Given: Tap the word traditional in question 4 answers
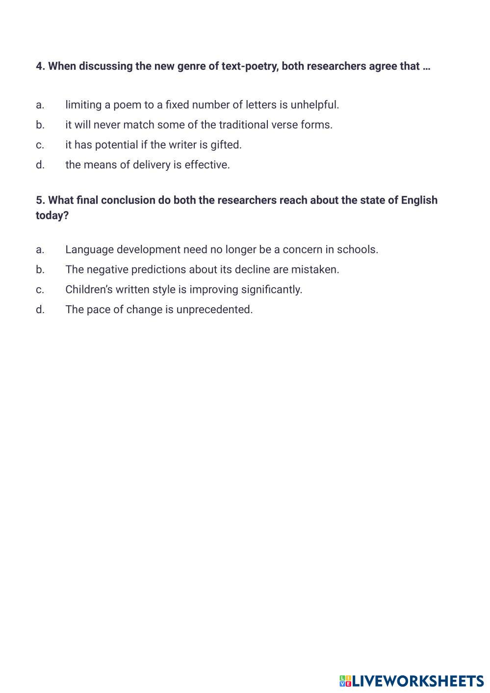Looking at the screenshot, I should (x=243, y=125).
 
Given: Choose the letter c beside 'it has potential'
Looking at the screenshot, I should (x=40, y=145).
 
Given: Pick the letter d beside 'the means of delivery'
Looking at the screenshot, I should (x=40, y=165).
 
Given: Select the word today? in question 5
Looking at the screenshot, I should (x=52, y=215).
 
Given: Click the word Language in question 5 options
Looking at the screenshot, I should (x=89, y=250).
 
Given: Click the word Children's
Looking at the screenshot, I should (x=89, y=290).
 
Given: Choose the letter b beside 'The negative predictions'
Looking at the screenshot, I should (x=40, y=269).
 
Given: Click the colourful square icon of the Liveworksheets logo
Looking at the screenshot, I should (x=345, y=681).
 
